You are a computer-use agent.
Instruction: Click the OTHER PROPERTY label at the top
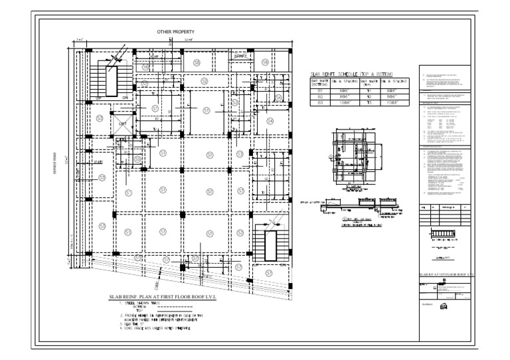click(175, 32)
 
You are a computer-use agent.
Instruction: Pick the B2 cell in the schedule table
click(321, 96)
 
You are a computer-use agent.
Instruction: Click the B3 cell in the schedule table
click(321, 103)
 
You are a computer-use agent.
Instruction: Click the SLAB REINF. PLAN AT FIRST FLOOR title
click(161, 297)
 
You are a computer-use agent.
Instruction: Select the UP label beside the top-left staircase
click(98, 98)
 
